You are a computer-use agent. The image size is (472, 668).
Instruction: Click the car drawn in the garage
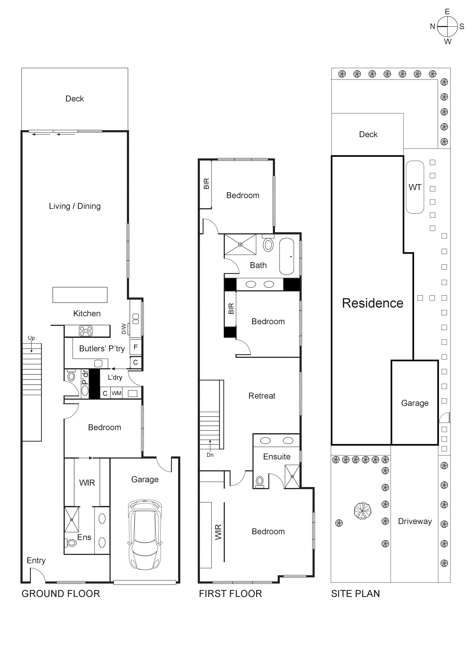click(x=145, y=535)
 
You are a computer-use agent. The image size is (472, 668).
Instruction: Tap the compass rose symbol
click(x=447, y=26)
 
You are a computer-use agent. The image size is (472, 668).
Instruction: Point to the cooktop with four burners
click(x=86, y=331)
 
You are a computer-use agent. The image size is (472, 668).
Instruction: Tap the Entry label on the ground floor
click(x=36, y=560)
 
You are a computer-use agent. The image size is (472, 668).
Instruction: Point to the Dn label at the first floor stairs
click(x=210, y=455)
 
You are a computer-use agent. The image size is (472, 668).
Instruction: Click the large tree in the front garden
click(x=363, y=511)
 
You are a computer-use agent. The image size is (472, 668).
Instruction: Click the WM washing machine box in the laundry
click(x=116, y=393)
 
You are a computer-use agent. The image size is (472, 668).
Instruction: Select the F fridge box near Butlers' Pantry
click(x=136, y=347)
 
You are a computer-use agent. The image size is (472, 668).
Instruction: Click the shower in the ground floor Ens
click(x=72, y=519)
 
